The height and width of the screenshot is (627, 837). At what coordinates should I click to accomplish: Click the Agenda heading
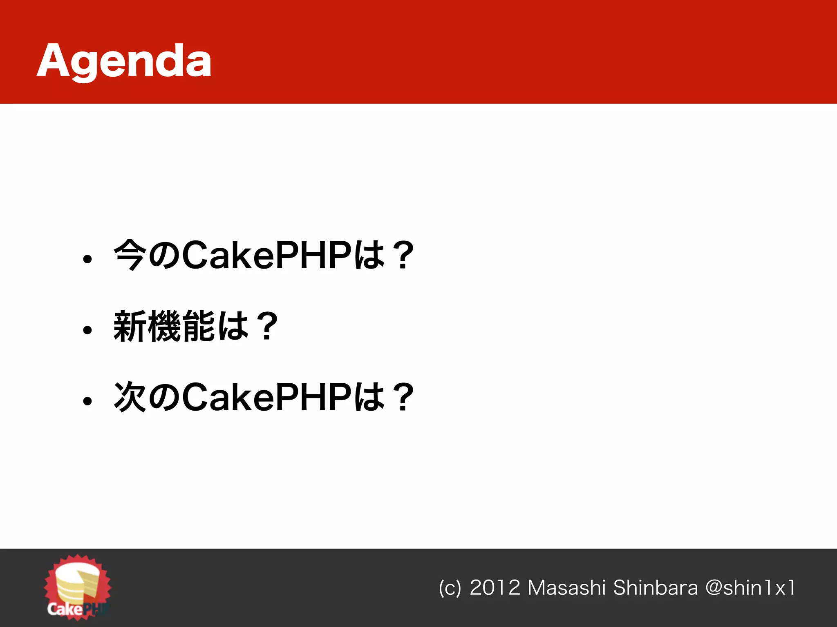(124, 61)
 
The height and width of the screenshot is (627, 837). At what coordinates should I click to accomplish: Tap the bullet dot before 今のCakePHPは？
(87, 259)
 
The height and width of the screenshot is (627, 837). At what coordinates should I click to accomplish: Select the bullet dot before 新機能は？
(87, 329)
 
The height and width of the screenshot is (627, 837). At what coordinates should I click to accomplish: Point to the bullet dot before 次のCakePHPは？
(87, 401)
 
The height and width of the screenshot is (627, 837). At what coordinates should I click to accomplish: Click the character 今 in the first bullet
(130, 255)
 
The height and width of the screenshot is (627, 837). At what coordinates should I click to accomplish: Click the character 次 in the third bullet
(130, 397)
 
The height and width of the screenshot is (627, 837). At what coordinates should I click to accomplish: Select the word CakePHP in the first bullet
(266, 256)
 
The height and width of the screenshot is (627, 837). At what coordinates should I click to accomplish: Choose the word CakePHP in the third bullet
(266, 397)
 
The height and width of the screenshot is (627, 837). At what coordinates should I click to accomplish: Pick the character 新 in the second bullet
(130, 326)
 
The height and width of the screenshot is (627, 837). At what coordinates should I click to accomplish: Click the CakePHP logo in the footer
(77, 588)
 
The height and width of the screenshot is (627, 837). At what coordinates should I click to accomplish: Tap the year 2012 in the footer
(495, 588)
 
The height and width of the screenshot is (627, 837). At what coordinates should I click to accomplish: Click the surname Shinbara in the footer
(656, 588)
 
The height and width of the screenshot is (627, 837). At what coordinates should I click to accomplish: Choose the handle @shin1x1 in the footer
(750, 588)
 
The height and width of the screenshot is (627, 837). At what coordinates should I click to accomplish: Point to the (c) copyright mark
(450, 588)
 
